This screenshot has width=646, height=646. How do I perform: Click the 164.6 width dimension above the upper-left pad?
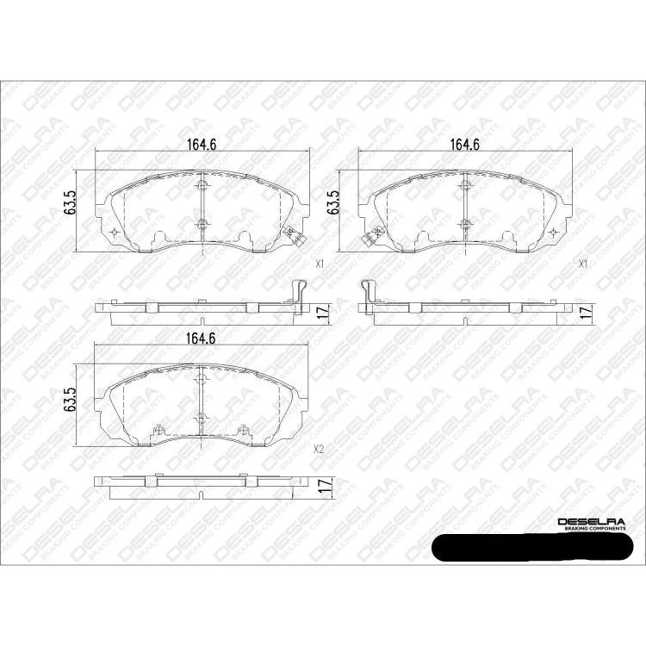(202, 144)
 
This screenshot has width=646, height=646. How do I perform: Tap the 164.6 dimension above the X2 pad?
(202, 337)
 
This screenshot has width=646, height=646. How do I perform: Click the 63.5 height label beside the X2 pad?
(71, 402)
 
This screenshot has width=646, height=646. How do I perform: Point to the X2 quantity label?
(319, 449)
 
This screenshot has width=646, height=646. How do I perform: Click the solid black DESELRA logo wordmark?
(593, 522)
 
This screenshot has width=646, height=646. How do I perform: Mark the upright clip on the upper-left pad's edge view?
(297, 293)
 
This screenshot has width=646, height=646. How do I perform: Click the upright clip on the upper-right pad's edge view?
(368, 293)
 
